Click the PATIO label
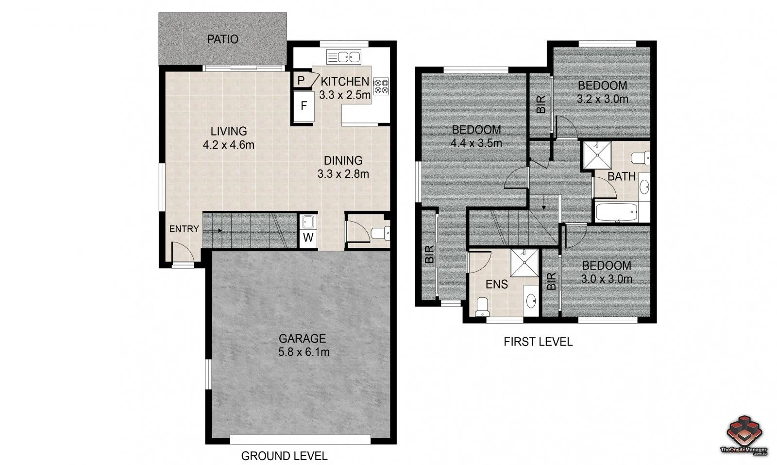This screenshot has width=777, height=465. [x=222, y=39]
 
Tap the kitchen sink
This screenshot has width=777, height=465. [x=343, y=57]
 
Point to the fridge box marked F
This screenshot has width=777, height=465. [x=304, y=105]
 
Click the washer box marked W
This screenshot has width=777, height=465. [x=308, y=238]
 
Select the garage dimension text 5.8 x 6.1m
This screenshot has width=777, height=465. [x=304, y=352]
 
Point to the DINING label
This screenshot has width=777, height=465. [x=343, y=160]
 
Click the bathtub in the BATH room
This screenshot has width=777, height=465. [x=616, y=213]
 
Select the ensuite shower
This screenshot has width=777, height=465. [x=524, y=263]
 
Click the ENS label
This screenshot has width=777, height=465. [x=497, y=284]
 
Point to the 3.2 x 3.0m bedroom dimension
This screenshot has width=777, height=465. [x=602, y=99]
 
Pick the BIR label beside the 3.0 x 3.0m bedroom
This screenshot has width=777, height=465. [x=551, y=281]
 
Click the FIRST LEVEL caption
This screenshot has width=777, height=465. [x=538, y=342]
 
